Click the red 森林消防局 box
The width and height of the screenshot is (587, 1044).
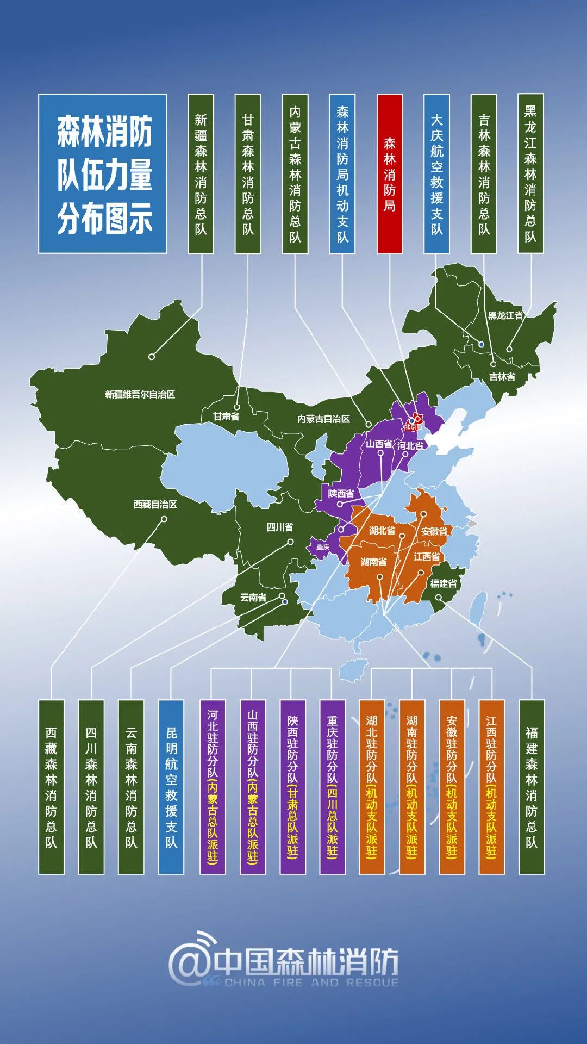(390, 174)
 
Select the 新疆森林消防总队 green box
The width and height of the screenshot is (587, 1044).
(201, 174)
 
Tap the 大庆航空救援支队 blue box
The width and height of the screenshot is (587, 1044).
(437, 174)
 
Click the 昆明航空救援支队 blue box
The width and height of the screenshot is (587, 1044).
(171, 787)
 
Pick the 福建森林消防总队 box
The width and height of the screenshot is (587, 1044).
(532, 787)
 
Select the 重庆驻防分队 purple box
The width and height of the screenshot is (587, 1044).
(332, 787)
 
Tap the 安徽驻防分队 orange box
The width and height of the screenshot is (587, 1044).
(452, 787)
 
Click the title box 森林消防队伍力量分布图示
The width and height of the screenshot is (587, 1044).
(103, 174)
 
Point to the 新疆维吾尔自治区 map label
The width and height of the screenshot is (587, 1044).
(140, 394)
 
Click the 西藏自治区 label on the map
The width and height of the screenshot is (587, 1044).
(155, 504)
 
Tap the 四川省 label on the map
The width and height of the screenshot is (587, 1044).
(279, 527)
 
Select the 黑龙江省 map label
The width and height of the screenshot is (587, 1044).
(505, 315)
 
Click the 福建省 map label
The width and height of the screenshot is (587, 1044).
(444, 583)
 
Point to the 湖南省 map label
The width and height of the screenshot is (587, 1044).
(374, 561)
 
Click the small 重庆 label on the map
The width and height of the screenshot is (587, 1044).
(323, 546)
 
